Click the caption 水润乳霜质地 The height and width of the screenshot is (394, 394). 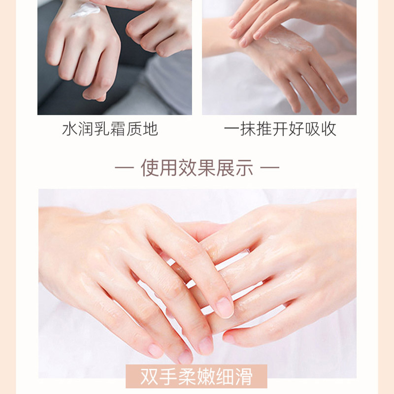pyautogui.click(x=110, y=129)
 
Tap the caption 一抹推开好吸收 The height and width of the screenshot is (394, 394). pyautogui.click(x=280, y=129)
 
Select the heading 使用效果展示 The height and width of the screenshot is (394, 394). pyautogui.click(x=197, y=168)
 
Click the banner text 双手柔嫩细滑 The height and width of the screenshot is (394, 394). pyautogui.click(x=196, y=377)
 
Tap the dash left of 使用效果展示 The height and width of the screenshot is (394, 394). pyautogui.click(x=124, y=168)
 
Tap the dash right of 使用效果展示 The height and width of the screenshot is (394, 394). pyautogui.click(x=269, y=168)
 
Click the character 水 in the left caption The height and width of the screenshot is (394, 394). pyautogui.click(x=70, y=129)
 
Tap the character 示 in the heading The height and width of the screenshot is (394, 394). pyautogui.click(x=244, y=168)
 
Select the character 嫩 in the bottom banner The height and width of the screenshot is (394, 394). pyautogui.click(x=205, y=377)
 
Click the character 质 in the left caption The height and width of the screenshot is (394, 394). pyautogui.click(x=134, y=129)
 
